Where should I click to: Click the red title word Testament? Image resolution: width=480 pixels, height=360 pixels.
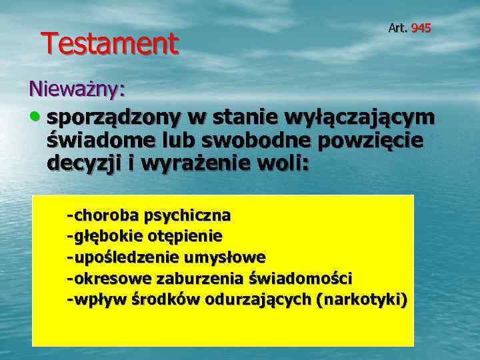click(x=110, y=44)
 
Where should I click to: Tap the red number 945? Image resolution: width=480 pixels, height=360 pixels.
click(x=421, y=28)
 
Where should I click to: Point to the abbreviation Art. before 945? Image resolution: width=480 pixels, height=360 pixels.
click(x=398, y=28)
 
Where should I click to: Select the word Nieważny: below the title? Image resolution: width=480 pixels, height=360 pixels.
click(x=77, y=88)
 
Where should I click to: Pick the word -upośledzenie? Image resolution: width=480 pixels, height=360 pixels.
click(x=119, y=257)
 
